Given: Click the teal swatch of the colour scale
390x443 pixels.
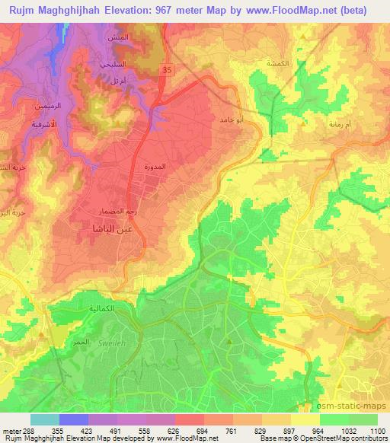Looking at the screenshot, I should (44, 419).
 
